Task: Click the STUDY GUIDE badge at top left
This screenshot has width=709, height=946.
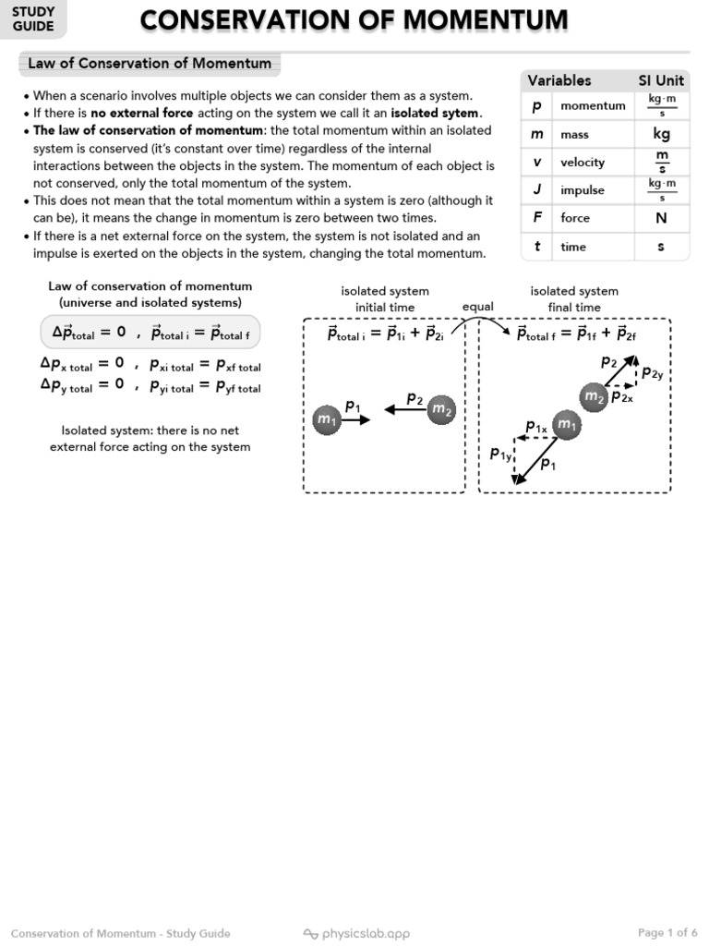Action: click(x=33, y=19)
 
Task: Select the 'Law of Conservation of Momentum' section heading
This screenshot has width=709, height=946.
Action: click(x=150, y=64)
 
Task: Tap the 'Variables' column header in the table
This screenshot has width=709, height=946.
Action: click(x=559, y=80)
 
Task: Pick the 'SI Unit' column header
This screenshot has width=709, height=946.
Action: click(x=661, y=80)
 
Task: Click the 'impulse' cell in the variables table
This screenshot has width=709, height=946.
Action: click(x=583, y=190)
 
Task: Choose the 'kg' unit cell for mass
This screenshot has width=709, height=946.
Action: click(x=661, y=134)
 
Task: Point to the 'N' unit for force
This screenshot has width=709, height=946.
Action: click(x=661, y=218)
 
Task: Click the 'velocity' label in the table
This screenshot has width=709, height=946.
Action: click(x=583, y=163)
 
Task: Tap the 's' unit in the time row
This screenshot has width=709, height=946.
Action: click(x=661, y=247)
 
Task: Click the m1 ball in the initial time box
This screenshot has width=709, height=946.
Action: click(x=327, y=419)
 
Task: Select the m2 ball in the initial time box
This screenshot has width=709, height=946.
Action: click(x=441, y=409)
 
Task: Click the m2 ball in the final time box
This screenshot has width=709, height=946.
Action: click(x=594, y=396)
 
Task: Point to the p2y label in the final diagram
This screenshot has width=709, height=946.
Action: click(x=652, y=373)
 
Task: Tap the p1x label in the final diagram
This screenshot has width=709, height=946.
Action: click(x=536, y=427)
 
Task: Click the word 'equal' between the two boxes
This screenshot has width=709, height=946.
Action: click(x=478, y=307)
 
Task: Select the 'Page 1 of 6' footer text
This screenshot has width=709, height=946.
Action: click(x=667, y=932)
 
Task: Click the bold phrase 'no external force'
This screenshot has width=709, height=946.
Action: click(x=141, y=113)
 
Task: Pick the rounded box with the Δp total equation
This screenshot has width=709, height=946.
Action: click(x=150, y=332)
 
